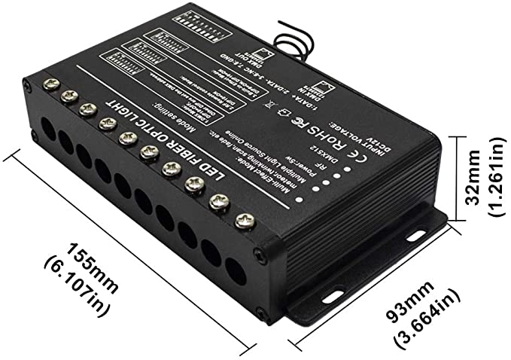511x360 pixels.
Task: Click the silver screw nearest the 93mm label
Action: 244,221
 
